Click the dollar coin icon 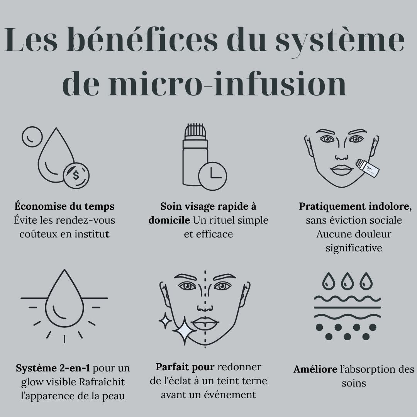point(76,175)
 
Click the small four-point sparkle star point(165,320)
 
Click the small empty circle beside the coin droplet point(32,136)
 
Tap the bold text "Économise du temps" point(64,207)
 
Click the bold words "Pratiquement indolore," point(355,207)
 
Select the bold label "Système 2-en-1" point(53,368)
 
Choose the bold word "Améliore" point(315,370)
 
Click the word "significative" point(354,248)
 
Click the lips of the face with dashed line point(205,323)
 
